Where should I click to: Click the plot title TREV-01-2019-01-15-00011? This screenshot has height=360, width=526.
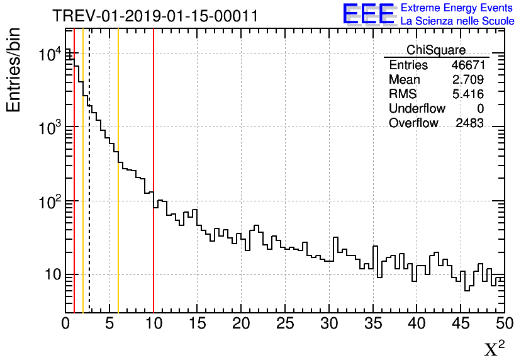pyautogui.click(x=155, y=16)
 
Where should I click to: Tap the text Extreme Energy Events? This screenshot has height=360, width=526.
pyautogui.click(x=457, y=8)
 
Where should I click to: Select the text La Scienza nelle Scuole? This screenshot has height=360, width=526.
pyautogui.click(x=457, y=21)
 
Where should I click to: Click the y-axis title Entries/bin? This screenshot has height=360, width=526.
pyautogui.click(x=13, y=70)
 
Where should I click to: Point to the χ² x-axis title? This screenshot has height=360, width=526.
pyautogui.click(x=495, y=348)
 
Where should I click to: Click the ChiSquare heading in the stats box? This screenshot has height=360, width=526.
pyautogui.click(x=436, y=50)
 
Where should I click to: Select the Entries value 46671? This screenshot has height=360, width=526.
pyautogui.click(x=467, y=65)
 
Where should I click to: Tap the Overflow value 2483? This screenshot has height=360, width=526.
pyautogui.click(x=469, y=123)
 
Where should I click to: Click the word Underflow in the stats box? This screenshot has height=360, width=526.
pyautogui.click(x=417, y=109)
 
